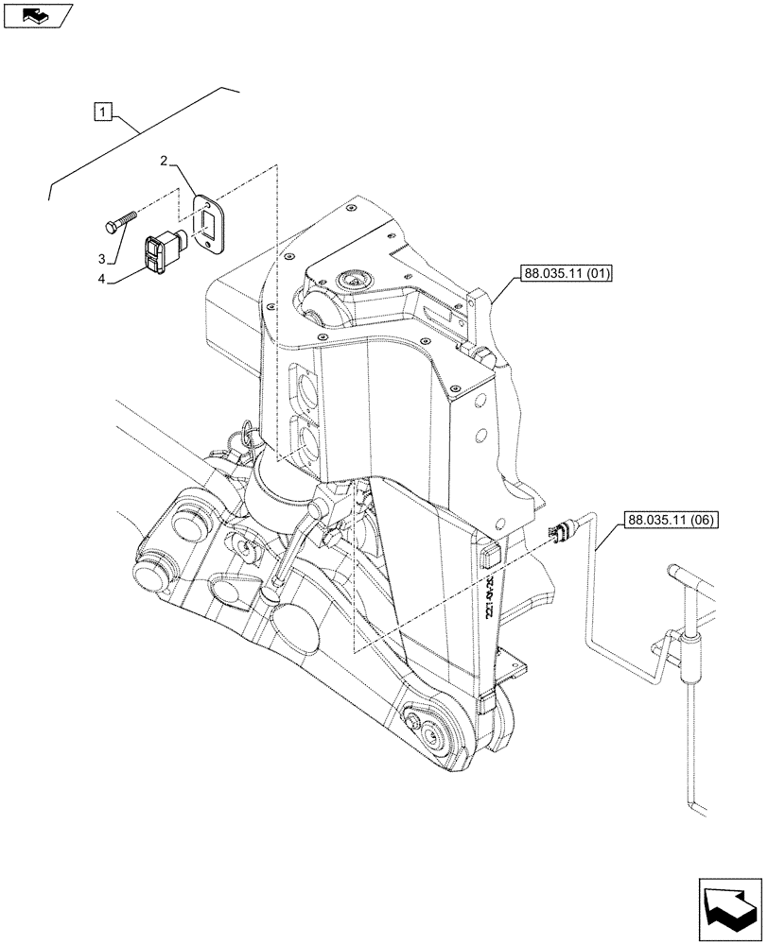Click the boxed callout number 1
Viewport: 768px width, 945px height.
pos(102,114)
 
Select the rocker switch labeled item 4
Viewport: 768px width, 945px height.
pos(161,251)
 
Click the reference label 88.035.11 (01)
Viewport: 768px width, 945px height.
pos(566,276)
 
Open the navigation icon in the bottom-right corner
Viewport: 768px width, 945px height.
pos(729,906)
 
